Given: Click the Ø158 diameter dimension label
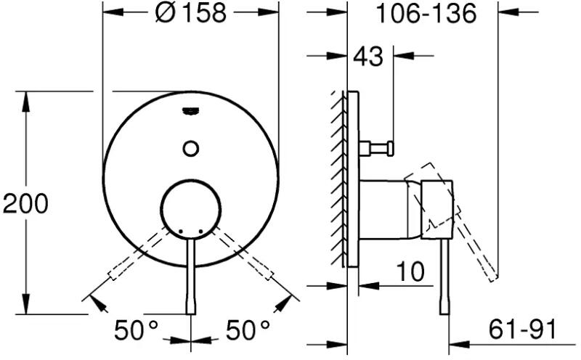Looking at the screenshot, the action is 190,13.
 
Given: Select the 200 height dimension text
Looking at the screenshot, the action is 25,204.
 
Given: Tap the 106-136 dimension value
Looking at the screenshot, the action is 426,14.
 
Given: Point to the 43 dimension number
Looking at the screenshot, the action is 368,57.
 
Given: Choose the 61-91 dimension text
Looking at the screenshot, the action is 522,329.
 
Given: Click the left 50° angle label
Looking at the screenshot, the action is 136,330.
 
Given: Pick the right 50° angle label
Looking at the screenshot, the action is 248,330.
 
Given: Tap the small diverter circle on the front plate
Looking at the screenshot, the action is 191,149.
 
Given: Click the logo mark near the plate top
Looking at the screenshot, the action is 191,111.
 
